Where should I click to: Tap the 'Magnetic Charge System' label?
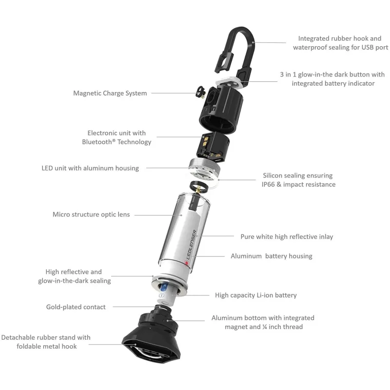[x=110, y=93]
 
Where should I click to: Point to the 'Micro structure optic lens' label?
[x=91, y=214]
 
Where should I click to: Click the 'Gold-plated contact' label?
[x=76, y=307]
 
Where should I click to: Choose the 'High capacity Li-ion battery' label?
[x=255, y=295]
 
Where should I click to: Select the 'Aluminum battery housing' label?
[x=271, y=256]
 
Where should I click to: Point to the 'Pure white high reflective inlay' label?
[x=287, y=236]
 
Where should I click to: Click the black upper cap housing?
[x=219, y=107]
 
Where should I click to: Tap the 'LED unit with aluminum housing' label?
[x=90, y=168]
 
